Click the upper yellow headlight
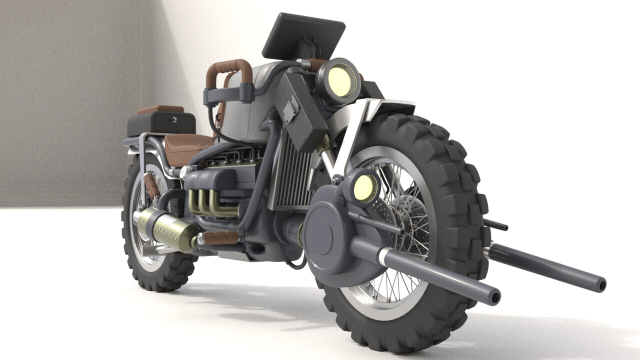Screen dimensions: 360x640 339,81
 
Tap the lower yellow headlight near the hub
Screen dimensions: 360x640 363,187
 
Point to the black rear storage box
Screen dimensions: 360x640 161,123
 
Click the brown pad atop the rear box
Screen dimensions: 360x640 160,108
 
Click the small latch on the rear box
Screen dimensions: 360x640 173,119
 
